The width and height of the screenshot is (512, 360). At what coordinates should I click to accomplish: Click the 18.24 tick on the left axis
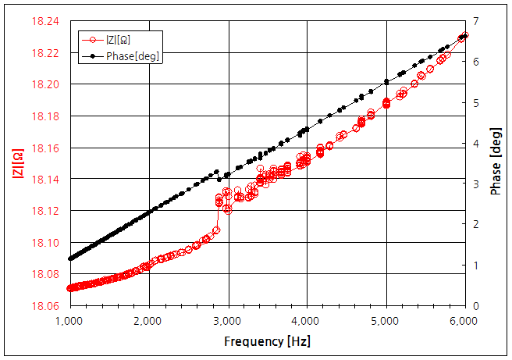click(x=44, y=21)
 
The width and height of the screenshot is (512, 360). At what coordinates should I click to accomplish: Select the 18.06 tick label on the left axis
click(x=44, y=306)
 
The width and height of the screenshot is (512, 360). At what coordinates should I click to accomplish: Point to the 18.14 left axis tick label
click(x=44, y=180)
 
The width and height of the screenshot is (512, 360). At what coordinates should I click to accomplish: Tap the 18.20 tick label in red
click(x=44, y=84)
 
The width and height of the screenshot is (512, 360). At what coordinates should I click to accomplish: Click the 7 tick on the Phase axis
click(x=476, y=21)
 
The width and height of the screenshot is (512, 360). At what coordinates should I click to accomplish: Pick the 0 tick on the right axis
click(x=476, y=306)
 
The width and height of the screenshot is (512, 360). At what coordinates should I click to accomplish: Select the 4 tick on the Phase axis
click(x=476, y=143)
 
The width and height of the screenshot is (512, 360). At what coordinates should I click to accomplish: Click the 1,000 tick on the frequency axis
click(x=70, y=322)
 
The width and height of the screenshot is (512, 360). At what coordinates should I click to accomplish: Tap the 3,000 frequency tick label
click(x=228, y=322)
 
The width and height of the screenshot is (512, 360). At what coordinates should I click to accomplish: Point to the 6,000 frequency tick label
click(x=464, y=322)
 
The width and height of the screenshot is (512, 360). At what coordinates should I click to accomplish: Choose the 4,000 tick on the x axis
click(x=307, y=322)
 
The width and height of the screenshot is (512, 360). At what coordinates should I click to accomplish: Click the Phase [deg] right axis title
click(x=496, y=163)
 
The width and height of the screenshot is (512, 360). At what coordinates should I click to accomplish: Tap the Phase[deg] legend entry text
click(x=133, y=56)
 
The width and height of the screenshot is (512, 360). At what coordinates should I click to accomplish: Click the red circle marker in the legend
click(x=92, y=41)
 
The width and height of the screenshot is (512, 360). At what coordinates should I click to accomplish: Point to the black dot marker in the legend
click(x=92, y=56)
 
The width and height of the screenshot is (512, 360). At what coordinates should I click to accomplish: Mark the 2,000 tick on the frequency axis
click(x=149, y=322)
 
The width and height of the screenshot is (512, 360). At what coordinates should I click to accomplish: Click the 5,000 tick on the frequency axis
click(x=386, y=322)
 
